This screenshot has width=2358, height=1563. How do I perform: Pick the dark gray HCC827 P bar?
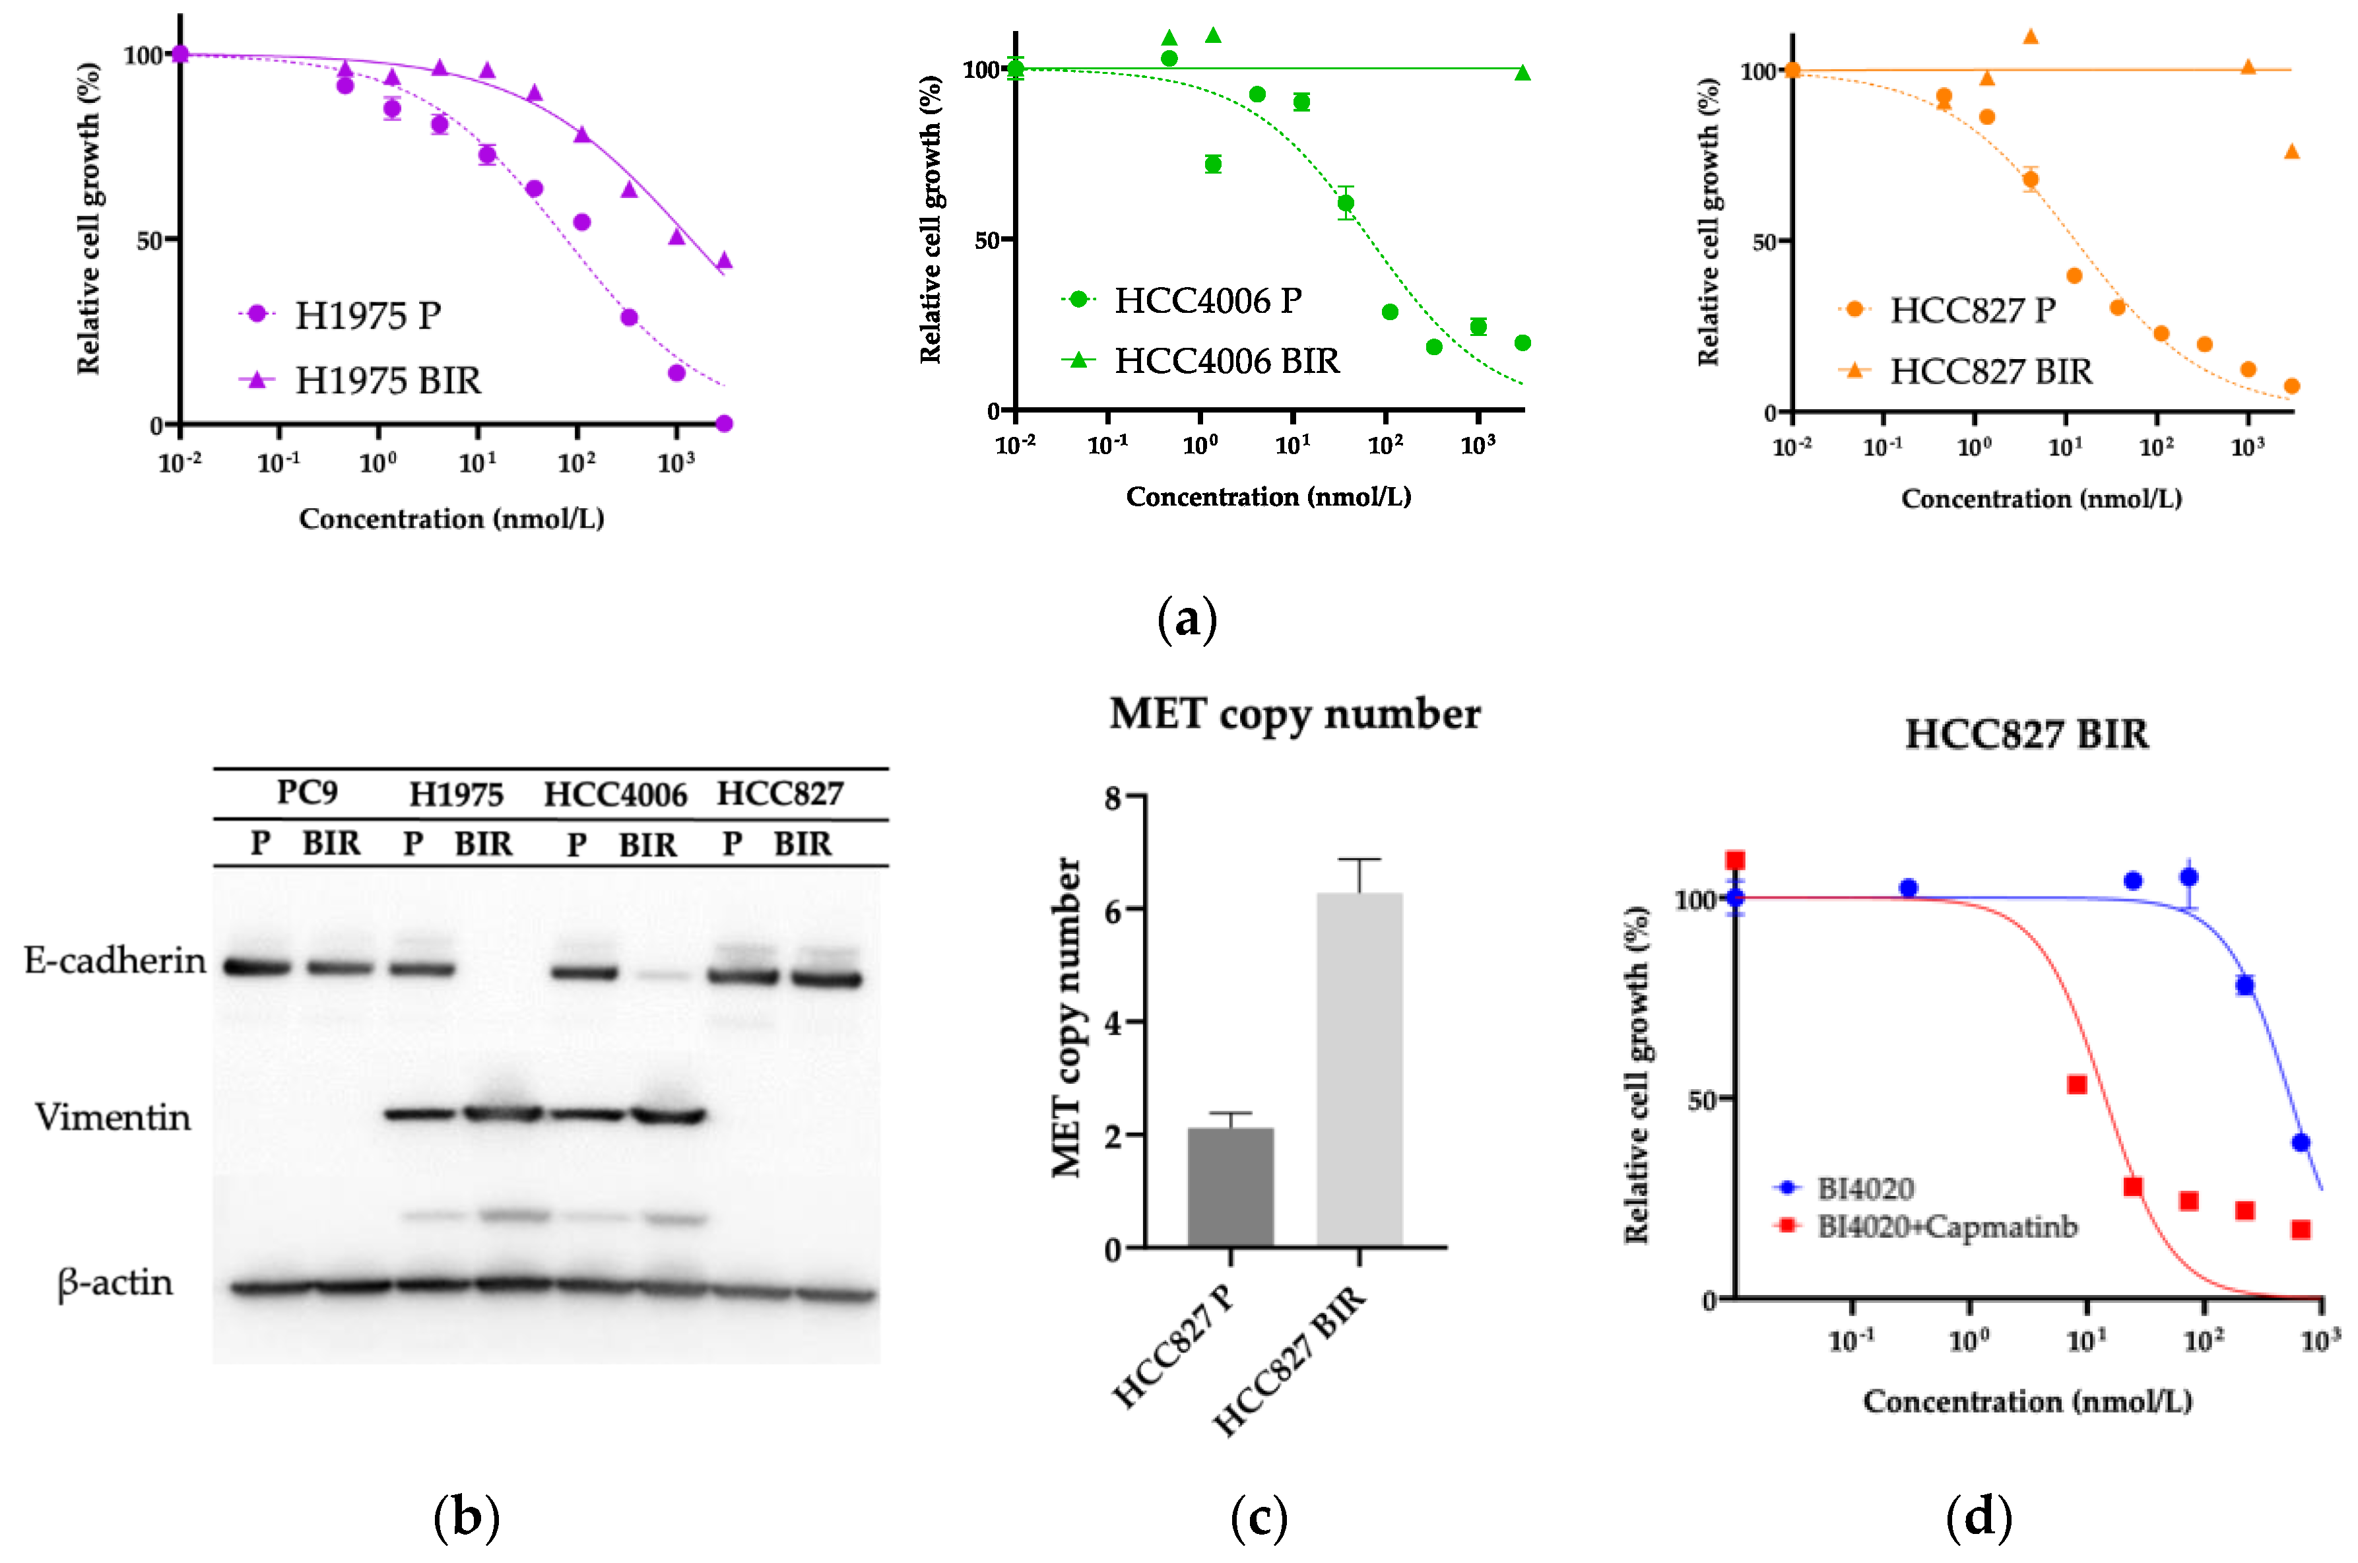tap(1230, 1186)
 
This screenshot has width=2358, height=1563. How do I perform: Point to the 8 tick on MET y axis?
tap(1113, 797)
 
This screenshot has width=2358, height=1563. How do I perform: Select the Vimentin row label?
tap(113, 1117)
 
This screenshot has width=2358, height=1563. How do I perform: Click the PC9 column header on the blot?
tap(306, 793)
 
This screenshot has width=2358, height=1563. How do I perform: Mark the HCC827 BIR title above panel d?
tap(2025, 735)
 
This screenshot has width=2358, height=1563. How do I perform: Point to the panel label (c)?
tap(1258, 1518)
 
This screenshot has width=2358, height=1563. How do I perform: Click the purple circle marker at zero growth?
tap(725, 424)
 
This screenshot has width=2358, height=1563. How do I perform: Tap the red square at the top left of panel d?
tap(1735, 860)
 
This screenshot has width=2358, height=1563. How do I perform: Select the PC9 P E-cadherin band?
tap(257, 966)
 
